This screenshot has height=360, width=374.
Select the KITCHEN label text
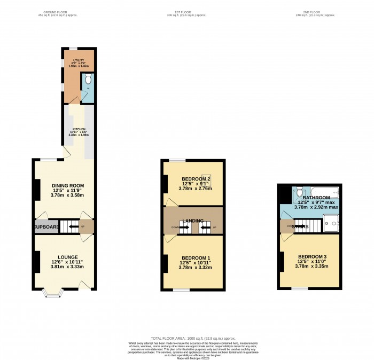(79, 130)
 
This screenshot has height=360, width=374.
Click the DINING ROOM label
(68, 186)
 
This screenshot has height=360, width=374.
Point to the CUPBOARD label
(47, 227)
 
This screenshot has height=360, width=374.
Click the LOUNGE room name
(67, 256)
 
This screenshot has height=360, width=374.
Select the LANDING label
(193, 221)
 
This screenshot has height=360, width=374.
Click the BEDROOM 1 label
(195, 258)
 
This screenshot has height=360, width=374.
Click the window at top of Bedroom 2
(178, 160)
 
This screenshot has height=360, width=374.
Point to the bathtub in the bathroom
(320, 191)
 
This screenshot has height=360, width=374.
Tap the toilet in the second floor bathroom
(300, 192)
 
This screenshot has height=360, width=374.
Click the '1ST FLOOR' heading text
(186, 12)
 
